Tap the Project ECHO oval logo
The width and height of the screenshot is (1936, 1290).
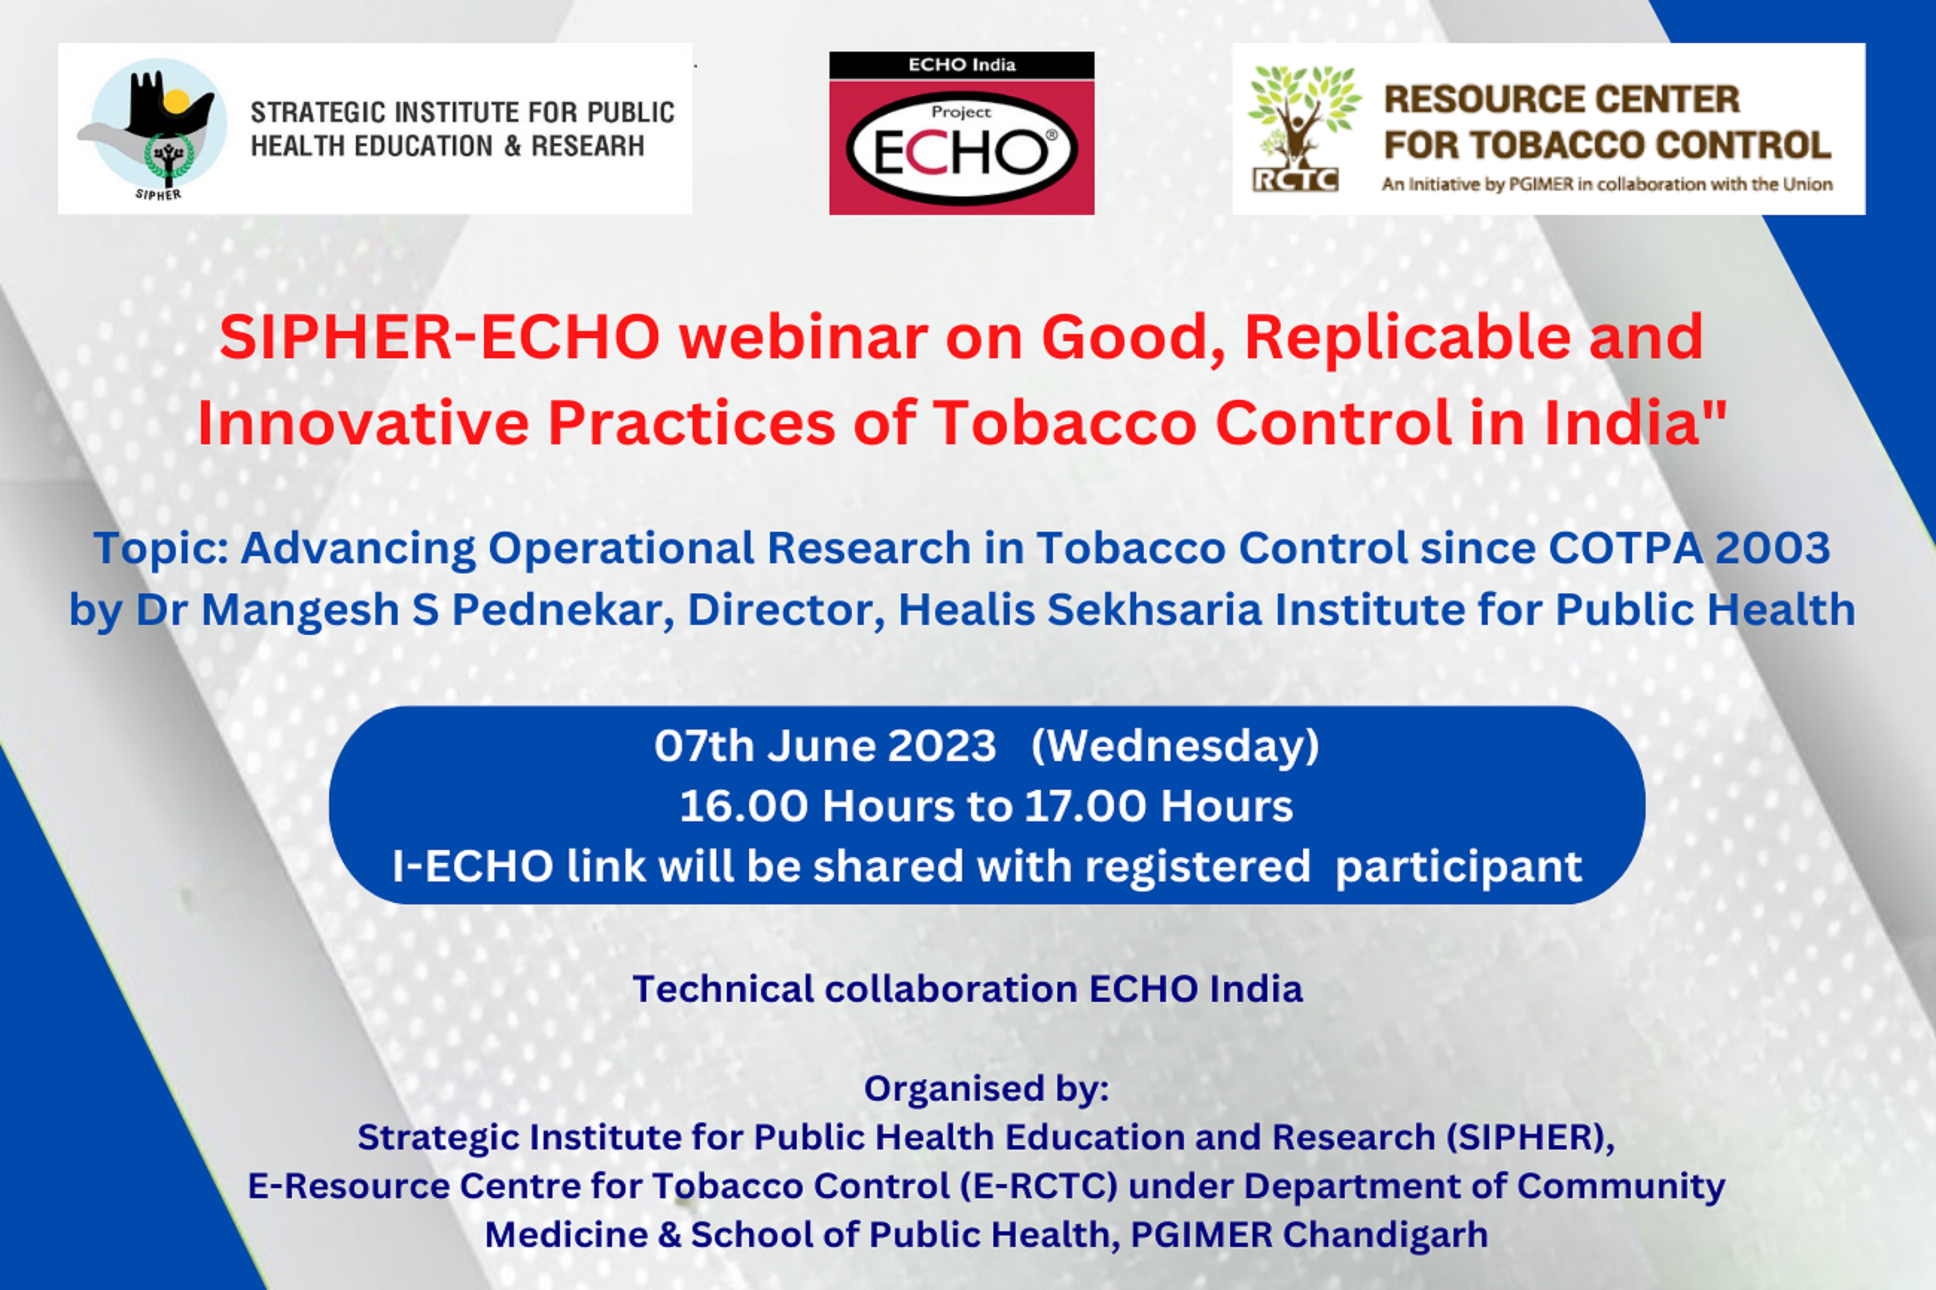click(962, 148)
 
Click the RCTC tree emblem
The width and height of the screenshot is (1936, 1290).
click(1304, 127)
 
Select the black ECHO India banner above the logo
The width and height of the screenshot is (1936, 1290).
click(962, 65)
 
